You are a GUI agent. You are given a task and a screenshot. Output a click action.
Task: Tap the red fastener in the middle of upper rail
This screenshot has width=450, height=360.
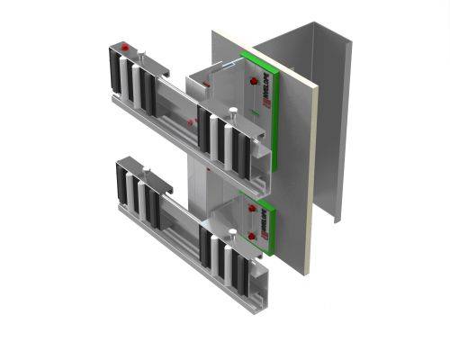click(x=192, y=120)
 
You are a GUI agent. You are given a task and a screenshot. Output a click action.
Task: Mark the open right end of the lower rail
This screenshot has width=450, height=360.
click(x=256, y=288)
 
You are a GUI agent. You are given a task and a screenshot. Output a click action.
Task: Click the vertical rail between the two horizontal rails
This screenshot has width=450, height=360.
click(x=193, y=180)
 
